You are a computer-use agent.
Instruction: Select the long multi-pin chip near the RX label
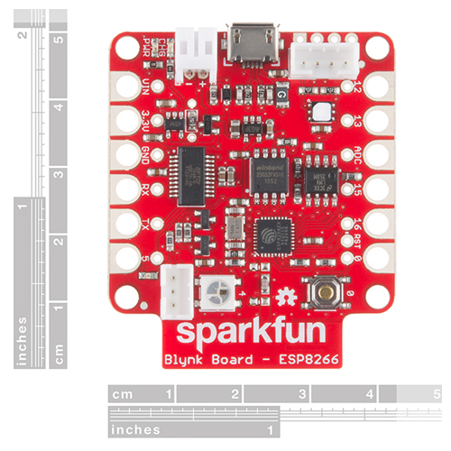click(x=192, y=174)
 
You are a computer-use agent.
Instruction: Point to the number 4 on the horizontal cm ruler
click(x=370, y=394)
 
